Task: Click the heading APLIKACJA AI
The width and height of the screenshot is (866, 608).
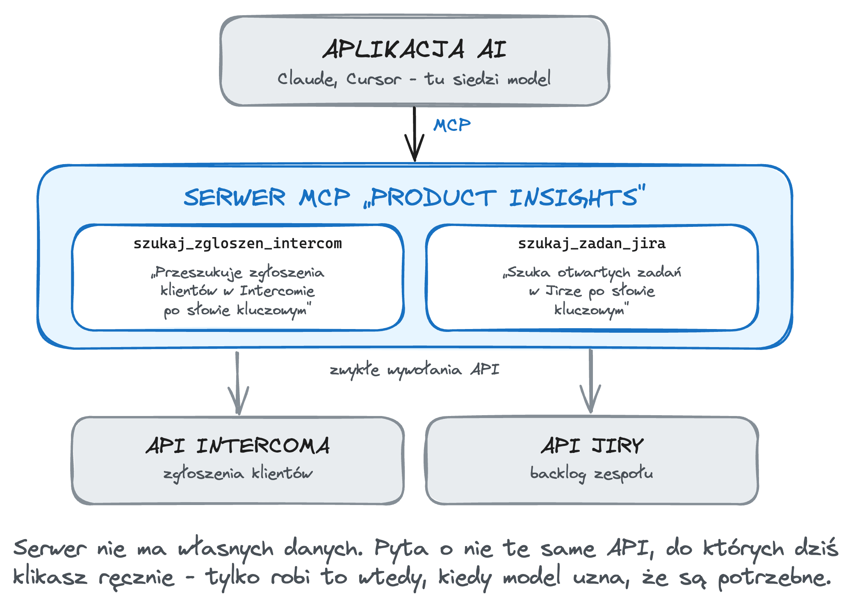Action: [x=415, y=49]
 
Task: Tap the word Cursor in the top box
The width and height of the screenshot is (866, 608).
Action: [x=374, y=79]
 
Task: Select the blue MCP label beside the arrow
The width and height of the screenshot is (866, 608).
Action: [x=452, y=125]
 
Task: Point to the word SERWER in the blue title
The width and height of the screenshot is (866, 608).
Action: [x=234, y=197]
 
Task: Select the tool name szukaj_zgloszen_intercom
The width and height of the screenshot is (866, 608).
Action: [x=238, y=244]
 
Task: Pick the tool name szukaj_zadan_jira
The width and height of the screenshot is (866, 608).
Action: [x=592, y=244]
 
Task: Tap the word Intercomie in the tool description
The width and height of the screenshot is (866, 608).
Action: [x=277, y=291]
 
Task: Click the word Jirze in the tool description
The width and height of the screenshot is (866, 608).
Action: [x=563, y=291]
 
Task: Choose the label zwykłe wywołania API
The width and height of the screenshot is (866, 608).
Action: [x=415, y=370]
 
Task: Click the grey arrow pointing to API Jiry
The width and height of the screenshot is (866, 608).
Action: [x=590, y=381]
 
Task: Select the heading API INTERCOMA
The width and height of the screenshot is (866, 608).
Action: [x=238, y=446]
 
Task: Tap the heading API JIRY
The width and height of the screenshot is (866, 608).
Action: [x=592, y=446]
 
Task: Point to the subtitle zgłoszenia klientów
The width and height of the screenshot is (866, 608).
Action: [x=238, y=474]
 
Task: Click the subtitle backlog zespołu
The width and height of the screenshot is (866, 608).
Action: [x=592, y=474]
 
